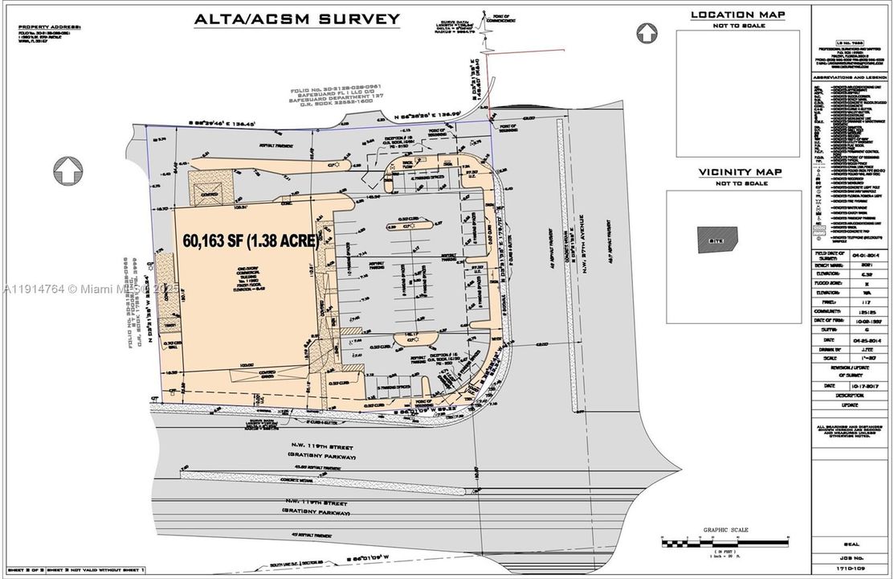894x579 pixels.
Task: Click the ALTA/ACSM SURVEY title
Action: click(x=297, y=19)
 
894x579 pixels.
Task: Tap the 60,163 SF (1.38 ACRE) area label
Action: click(x=248, y=240)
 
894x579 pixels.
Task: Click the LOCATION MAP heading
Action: click(x=733, y=14)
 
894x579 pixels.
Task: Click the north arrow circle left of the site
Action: click(x=68, y=170)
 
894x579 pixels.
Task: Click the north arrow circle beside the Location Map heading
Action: click(x=647, y=33)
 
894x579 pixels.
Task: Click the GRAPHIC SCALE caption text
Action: click(x=725, y=530)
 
